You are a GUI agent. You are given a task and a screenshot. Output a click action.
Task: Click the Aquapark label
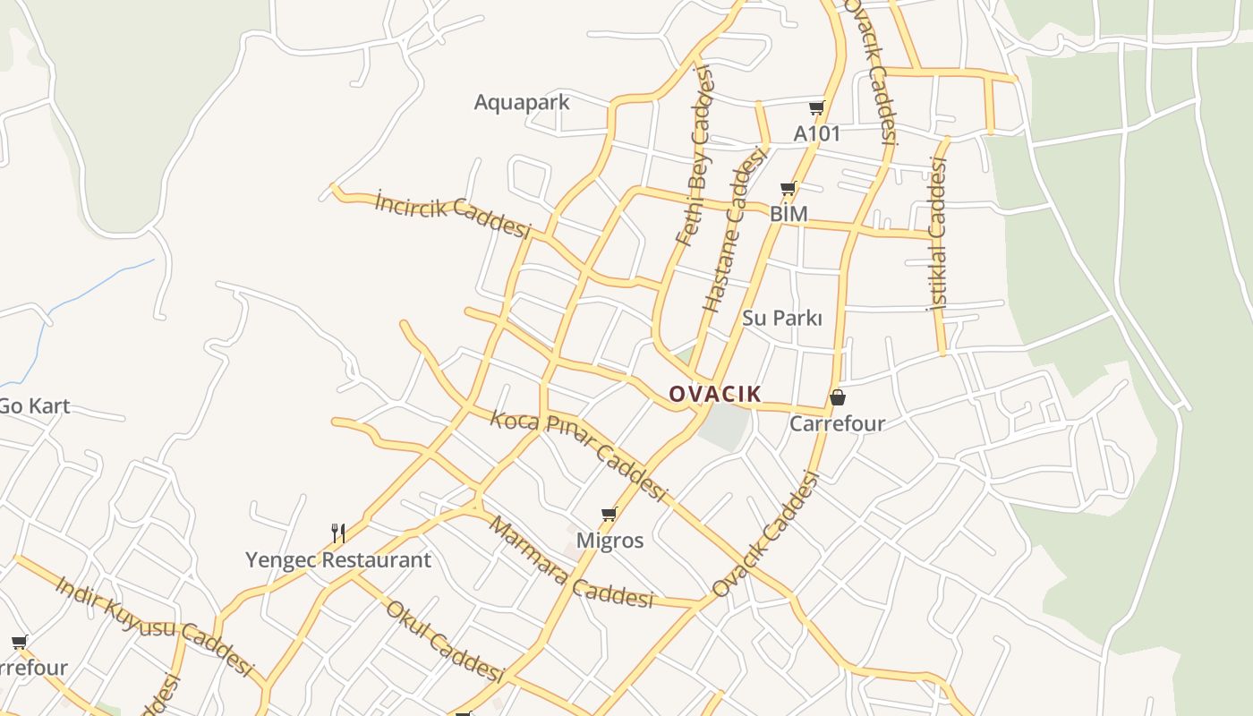point(521,102)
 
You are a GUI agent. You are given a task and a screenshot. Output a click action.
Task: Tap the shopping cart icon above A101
point(816,108)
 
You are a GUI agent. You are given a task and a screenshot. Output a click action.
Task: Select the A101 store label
point(817,133)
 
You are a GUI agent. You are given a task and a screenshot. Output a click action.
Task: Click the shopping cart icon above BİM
point(788,189)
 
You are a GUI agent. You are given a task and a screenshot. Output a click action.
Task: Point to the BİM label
point(788,214)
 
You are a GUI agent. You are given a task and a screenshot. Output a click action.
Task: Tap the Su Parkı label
point(781,318)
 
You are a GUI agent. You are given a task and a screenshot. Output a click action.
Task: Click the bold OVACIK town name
point(715,394)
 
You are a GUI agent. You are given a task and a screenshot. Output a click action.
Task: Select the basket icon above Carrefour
point(838,397)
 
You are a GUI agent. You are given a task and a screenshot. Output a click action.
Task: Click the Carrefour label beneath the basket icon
point(837,423)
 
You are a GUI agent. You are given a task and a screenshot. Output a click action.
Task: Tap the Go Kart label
point(34,405)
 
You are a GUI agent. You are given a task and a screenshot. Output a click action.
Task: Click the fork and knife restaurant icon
point(338,533)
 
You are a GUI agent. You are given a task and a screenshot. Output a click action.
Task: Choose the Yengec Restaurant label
point(338,560)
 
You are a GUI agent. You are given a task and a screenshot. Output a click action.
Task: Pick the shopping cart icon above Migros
point(609,514)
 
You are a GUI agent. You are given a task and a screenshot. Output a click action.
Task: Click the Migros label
point(609,541)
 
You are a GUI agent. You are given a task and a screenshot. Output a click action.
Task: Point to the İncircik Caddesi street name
point(453,215)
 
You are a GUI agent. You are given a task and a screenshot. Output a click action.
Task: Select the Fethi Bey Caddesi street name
point(697,157)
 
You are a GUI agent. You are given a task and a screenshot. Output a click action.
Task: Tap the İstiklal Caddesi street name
point(937,234)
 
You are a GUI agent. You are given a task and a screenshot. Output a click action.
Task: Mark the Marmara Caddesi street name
point(569,563)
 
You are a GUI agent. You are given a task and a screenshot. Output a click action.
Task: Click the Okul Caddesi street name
point(445,641)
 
